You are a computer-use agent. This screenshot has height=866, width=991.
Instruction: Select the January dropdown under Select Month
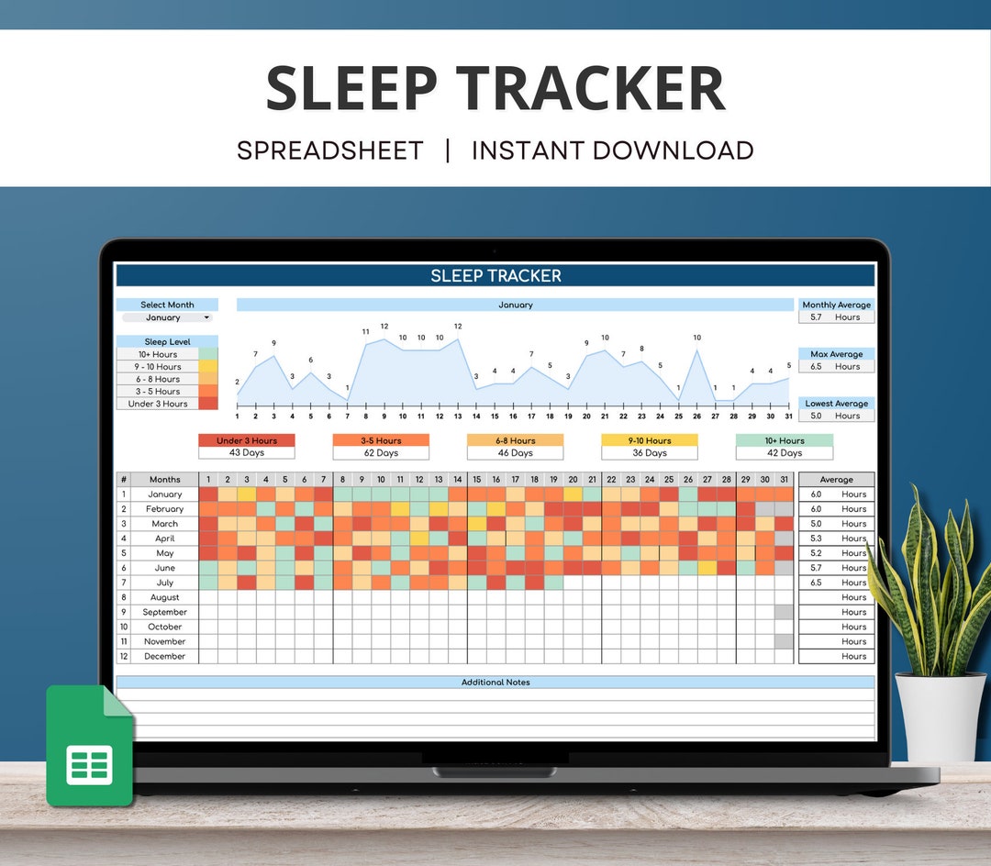point(167,317)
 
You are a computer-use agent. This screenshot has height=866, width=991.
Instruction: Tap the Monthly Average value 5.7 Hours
point(836,317)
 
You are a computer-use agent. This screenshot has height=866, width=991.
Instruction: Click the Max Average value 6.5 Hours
point(836,367)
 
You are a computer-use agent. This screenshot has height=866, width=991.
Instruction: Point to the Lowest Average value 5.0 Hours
point(836,416)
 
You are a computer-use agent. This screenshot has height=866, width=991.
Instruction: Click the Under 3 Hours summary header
point(247,440)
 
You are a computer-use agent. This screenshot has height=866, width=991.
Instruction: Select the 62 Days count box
point(381,453)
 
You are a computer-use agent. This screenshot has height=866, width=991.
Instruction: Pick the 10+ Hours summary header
point(785,440)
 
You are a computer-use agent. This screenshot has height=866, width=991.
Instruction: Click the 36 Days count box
point(650,453)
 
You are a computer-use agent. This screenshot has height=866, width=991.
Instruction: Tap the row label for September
point(165,612)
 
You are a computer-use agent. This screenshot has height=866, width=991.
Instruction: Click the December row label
point(165,656)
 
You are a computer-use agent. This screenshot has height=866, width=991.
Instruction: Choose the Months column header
point(165,480)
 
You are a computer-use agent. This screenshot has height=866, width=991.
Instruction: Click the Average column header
point(836,480)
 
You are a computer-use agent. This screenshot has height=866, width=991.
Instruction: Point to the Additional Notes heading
point(495,683)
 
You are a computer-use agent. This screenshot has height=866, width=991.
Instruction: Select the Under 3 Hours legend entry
point(158,404)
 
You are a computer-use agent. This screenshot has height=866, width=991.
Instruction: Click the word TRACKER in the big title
point(591,89)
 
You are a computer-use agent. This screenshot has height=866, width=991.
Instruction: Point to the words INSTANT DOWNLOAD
point(612,150)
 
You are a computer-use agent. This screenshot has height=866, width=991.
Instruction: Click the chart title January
point(515,305)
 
